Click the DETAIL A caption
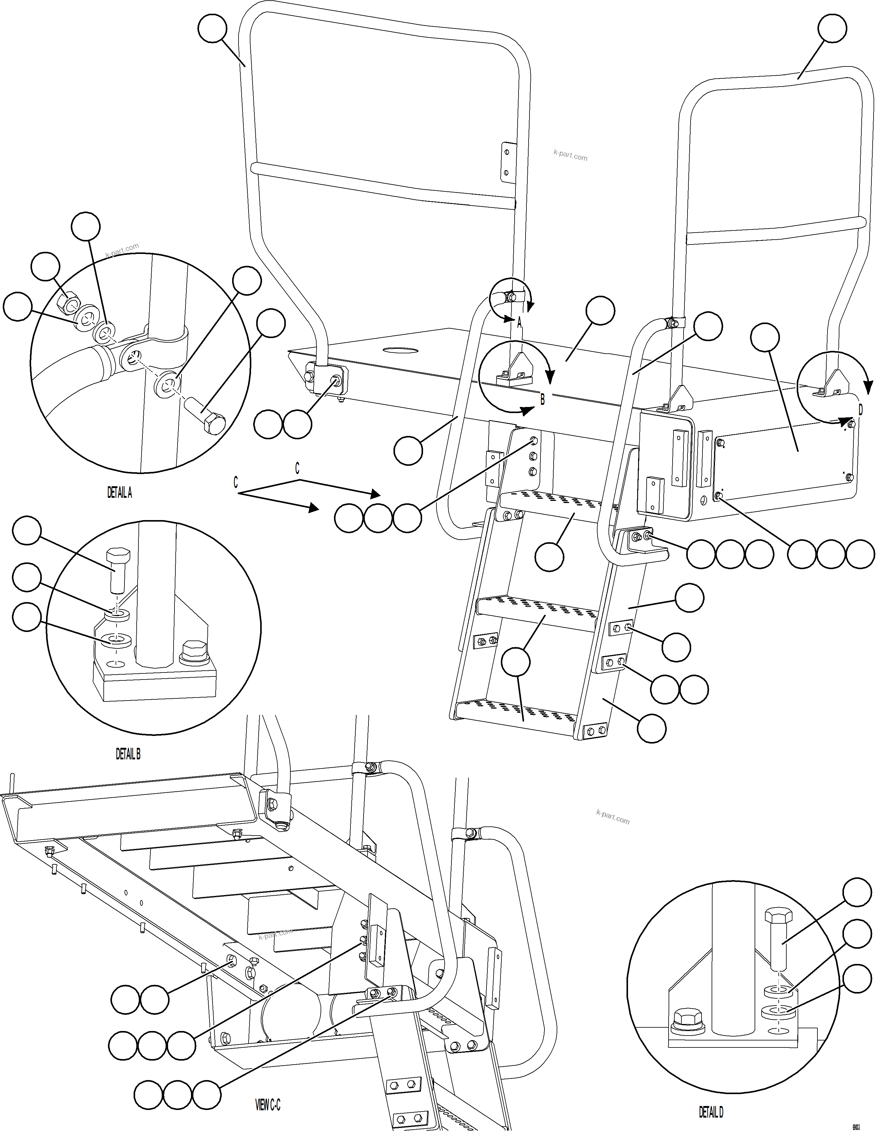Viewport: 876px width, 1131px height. (120, 493)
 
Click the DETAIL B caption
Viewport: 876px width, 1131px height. (128, 754)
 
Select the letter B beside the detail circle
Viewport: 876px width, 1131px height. (542, 400)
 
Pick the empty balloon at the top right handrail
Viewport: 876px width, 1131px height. (832, 28)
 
